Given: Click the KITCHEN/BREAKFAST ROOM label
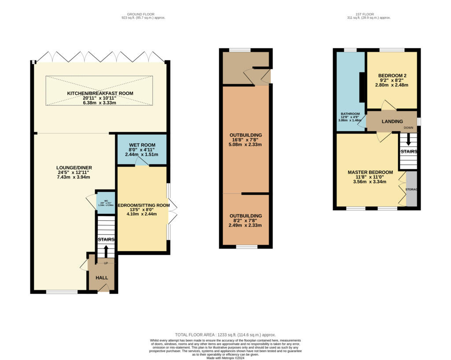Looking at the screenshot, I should (x=100, y=93).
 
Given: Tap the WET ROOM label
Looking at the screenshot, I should (x=142, y=145).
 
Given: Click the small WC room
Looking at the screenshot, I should (x=105, y=203).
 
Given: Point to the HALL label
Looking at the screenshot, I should (x=102, y=278).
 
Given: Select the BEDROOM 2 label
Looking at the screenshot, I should (x=392, y=75).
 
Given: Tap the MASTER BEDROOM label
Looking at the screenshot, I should (x=370, y=172).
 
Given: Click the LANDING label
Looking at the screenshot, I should (x=392, y=122).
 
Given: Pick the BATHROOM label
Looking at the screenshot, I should (x=350, y=113).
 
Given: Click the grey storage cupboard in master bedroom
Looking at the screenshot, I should (x=411, y=189).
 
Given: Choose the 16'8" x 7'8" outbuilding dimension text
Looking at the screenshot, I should (x=245, y=140).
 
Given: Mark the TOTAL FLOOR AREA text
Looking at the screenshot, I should (x=225, y=335).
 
